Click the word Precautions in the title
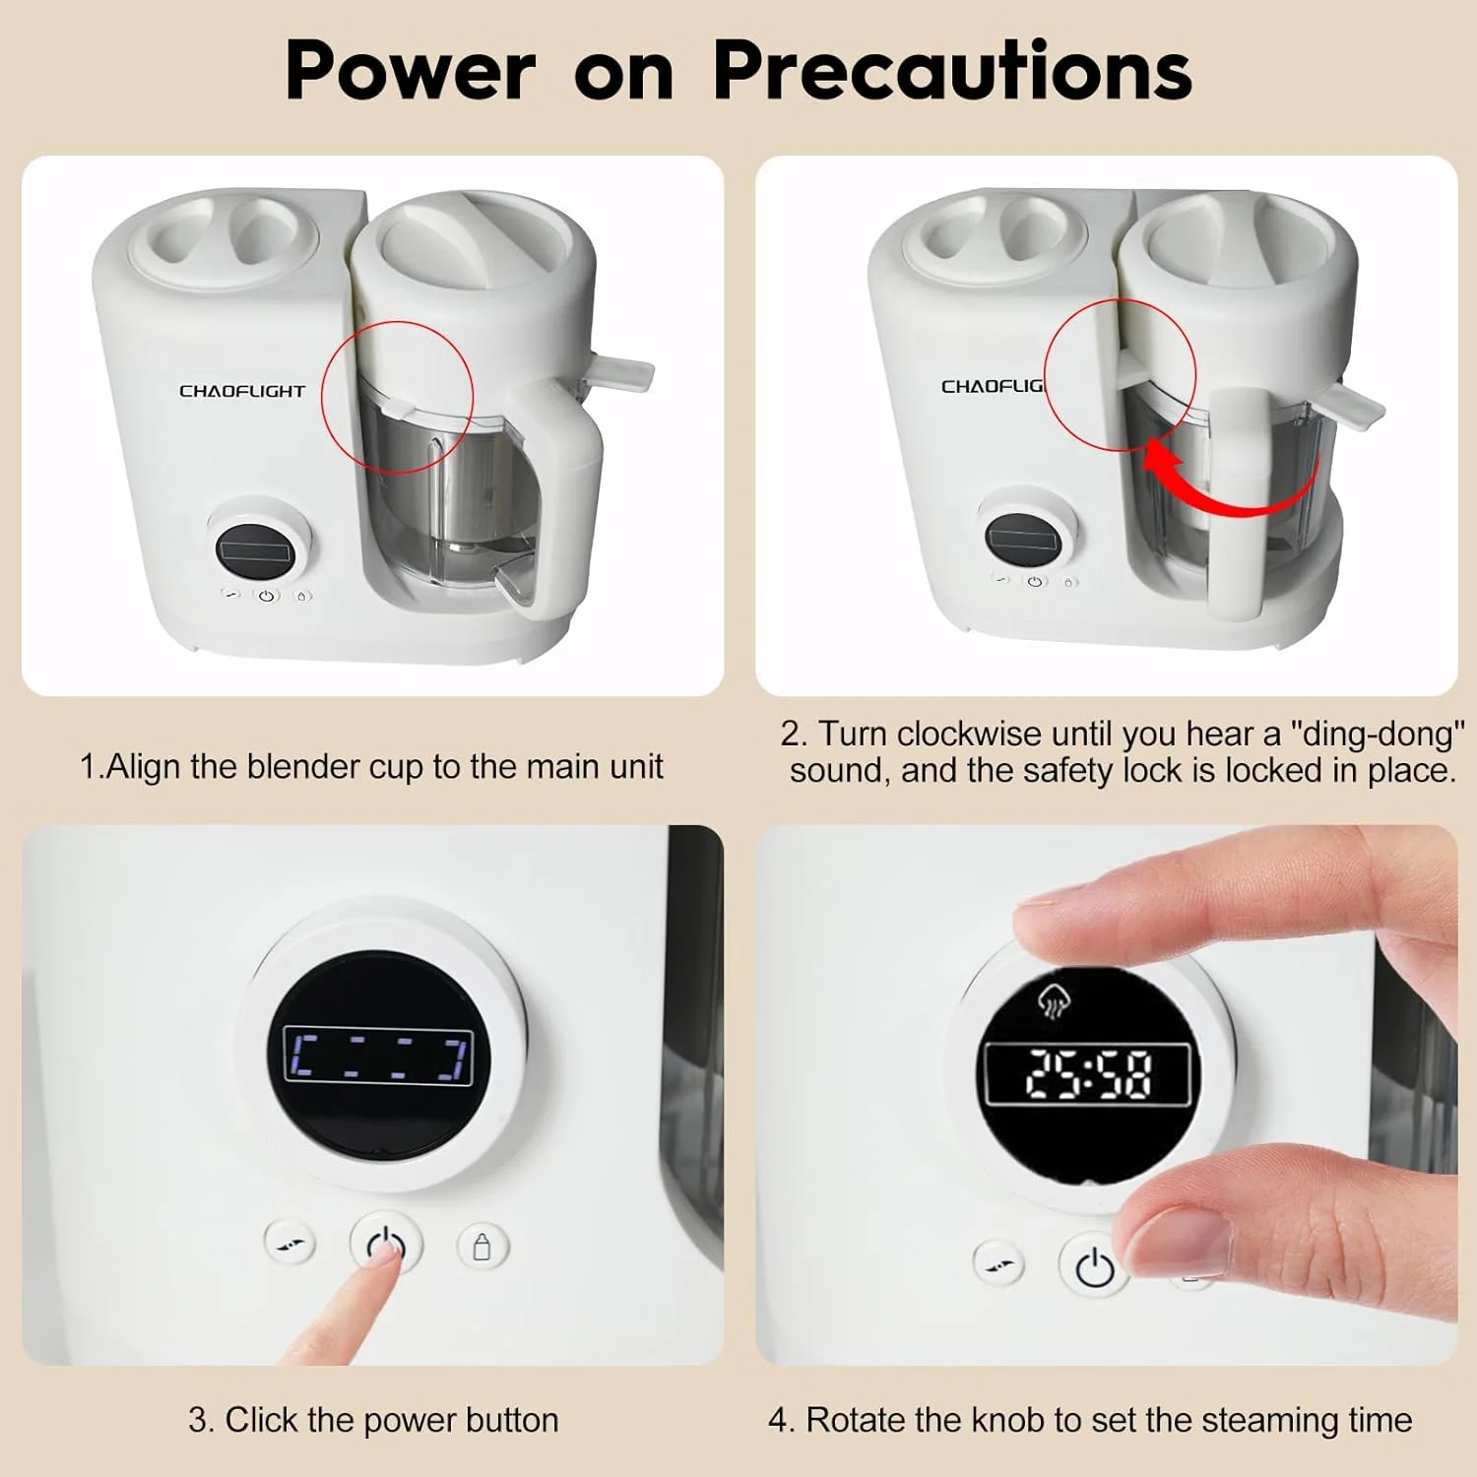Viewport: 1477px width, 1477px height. click(952, 71)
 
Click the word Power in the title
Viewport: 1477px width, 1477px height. click(411, 71)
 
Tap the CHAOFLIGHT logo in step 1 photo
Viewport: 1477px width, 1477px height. click(242, 391)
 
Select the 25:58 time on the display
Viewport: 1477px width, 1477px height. click(1088, 1073)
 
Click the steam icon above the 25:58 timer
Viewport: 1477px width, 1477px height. click(1054, 999)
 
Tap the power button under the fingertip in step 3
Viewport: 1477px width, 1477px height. click(386, 1245)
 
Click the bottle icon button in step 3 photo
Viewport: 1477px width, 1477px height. click(482, 1247)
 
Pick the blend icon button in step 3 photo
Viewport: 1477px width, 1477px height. click(289, 1243)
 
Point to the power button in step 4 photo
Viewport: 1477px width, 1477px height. click(1094, 1266)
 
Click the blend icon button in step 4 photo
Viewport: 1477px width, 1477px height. click(997, 1262)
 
